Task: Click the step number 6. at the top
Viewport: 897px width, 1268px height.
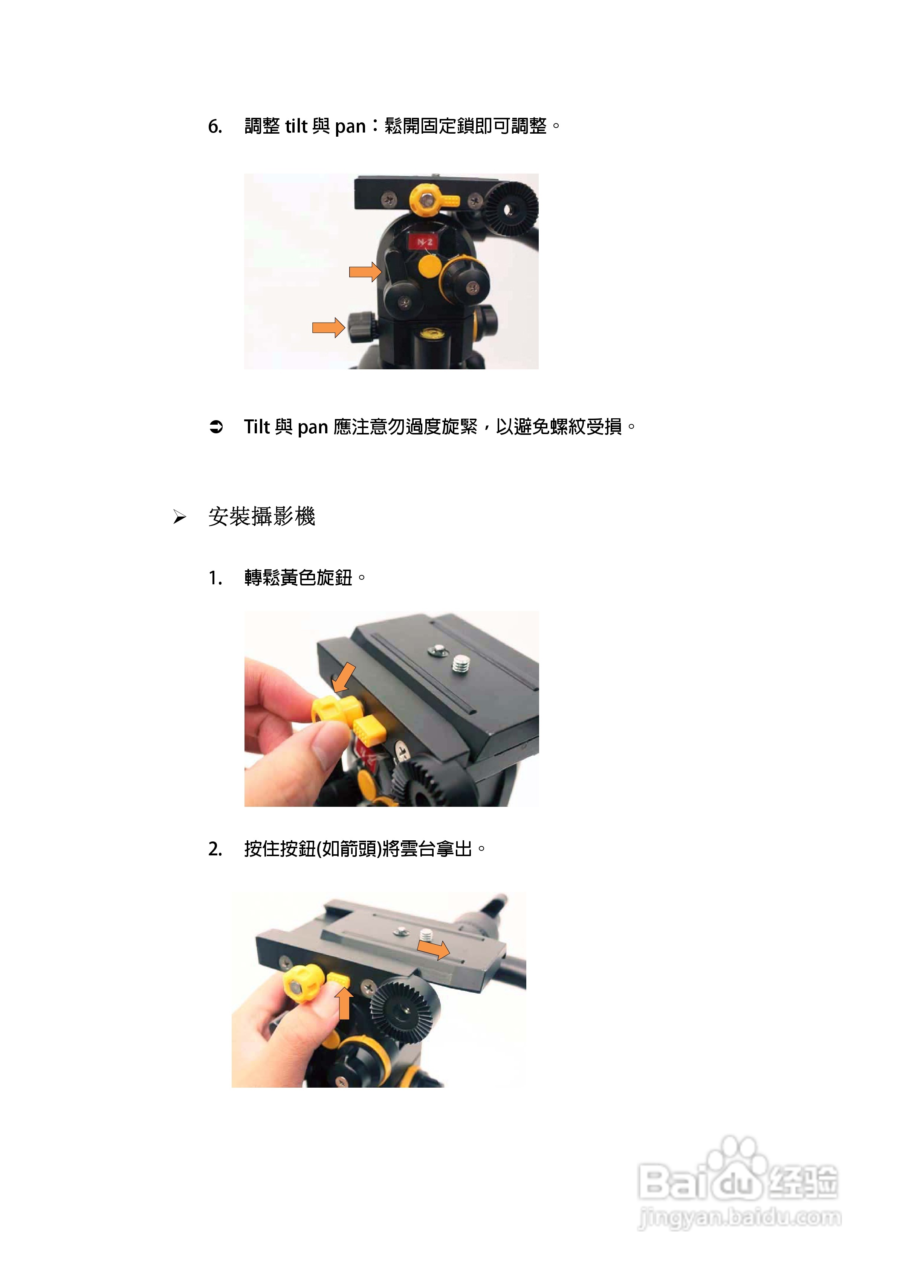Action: pyautogui.click(x=215, y=127)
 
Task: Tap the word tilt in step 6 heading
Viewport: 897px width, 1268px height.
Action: pyautogui.click(x=296, y=126)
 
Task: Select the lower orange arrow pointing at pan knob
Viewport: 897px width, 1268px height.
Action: pyautogui.click(x=328, y=328)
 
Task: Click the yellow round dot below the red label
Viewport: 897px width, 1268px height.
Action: pyautogui.click(x=429, y=266)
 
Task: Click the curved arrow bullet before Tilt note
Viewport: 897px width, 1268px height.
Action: pyautogui.click(x=216, y=427)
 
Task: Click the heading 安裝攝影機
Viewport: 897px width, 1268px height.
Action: pyautogui.click(x=261, y=517)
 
